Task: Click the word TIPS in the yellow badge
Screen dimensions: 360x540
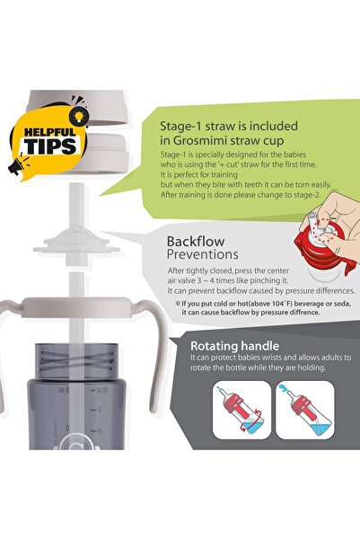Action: [x=50, y=146]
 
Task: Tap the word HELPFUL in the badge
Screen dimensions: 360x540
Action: [x=50, y=131]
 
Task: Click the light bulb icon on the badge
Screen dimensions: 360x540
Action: [x=79, y=115]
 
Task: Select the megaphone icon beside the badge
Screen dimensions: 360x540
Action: [x=17, y=165]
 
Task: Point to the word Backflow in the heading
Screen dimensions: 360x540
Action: [x=196, y=242]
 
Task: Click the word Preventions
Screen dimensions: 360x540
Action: [x=202, y=254]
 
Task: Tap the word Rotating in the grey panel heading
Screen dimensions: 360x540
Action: [x=214, y=346]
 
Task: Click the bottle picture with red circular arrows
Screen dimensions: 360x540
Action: [x=242, y=410]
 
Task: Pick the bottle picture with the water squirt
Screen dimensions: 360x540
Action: [x=305, y=410]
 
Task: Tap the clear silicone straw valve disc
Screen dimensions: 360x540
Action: [x=76, y=243]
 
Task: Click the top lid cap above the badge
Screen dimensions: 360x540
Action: [x=78, y=107]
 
